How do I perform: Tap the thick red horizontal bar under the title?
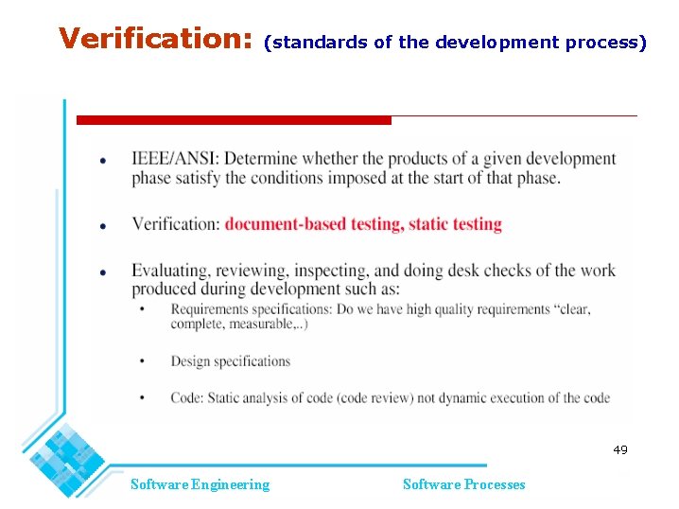(233, 120)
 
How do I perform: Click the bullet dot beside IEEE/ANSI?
(103, 160)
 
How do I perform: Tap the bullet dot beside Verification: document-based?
(103, 226)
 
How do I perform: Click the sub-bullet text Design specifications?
(230, 360)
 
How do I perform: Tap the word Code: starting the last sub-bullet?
(185, 397)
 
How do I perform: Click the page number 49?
(619, 449)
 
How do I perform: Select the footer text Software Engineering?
(200, 484)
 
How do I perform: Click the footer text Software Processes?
(463, 484)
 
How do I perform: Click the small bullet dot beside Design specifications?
(142, 361)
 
